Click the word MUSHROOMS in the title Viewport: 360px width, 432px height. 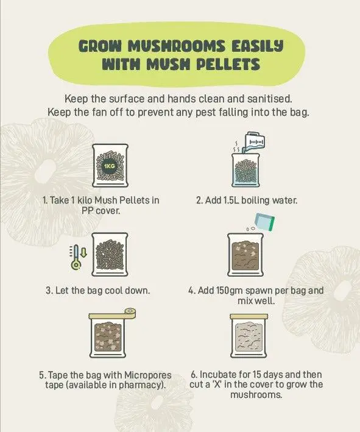(177, 46)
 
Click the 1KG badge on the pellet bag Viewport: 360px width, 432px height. (110, 166)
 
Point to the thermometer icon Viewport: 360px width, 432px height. (76, 257)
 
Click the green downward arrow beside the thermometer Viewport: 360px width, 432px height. (84, 252)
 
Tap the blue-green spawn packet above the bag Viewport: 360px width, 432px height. (265, 222)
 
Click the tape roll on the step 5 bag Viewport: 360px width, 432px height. (130, 311)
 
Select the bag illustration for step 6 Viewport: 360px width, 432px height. (249, 336)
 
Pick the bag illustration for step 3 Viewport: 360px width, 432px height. (110, 255)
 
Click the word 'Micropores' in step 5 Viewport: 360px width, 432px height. (147, 375)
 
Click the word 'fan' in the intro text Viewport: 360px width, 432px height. (101, 112)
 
